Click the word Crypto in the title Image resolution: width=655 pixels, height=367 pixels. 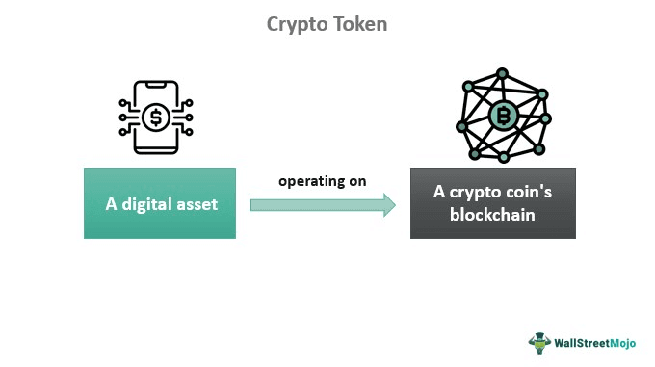[x=295, y=24]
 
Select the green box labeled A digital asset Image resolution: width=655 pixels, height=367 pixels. [x=160, y=203]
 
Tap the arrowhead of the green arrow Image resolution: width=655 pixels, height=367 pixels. [x=387, y=204]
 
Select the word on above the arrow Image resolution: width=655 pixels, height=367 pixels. [x=356, y=180]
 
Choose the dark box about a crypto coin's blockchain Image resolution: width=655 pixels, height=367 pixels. [x=493, y=203]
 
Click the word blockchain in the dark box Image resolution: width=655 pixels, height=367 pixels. [x=493, y=215]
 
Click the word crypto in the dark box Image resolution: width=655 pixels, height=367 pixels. [x=473, y=193]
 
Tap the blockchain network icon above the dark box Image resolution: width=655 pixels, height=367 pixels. [x=502, y=115]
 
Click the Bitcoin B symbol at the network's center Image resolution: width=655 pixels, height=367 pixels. [x=502, y=118]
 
